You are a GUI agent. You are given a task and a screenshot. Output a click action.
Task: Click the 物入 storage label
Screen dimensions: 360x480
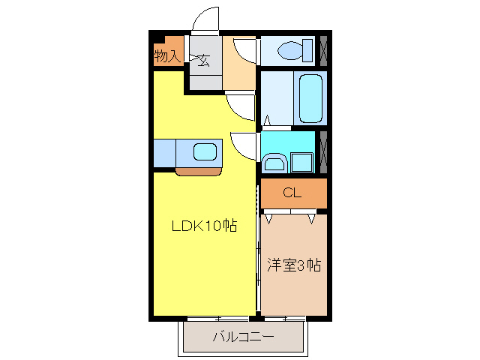coord(168,55)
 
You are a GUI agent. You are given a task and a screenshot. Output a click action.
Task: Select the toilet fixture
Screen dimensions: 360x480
coord(293,51)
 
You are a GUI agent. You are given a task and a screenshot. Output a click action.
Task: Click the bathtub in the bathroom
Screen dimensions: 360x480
coord(310,98)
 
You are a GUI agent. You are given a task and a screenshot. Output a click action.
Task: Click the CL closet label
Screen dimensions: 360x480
coord(292,193)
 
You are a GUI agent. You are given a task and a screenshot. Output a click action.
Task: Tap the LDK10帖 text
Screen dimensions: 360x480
coord(205,225)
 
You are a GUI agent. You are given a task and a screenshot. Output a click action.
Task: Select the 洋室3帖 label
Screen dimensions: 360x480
coord(294,265)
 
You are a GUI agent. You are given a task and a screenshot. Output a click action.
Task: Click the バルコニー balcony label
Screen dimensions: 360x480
coord(243,337)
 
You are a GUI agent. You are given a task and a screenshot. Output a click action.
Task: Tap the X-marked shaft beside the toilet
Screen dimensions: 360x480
coord(323,51)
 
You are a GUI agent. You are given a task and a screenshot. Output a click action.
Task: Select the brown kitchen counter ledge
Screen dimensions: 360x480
coord(199,171)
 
